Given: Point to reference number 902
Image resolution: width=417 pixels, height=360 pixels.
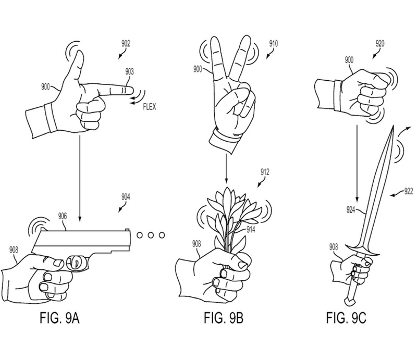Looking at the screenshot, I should tap(127, 45).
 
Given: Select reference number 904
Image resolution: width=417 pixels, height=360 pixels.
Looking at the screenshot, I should tap(127, 197).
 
